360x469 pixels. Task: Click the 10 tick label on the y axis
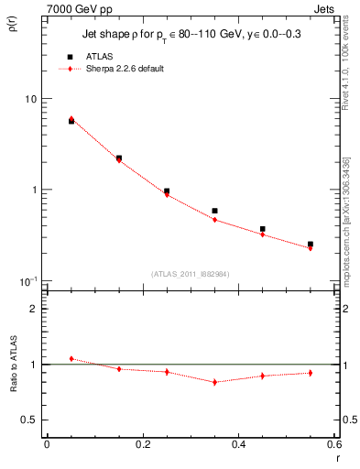click(30, 99)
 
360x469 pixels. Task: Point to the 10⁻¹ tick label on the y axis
click(28, 280)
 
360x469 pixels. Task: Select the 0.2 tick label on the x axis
click(142, 447)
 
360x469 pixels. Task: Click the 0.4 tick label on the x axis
click(238, 447)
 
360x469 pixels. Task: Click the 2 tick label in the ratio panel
click(33, 309)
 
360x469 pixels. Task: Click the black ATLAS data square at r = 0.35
click(214, 211)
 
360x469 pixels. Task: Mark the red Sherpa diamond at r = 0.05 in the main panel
click(71, 119)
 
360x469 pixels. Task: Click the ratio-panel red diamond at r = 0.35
click(214, 382)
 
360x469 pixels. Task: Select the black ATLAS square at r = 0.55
click(311, 245)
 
